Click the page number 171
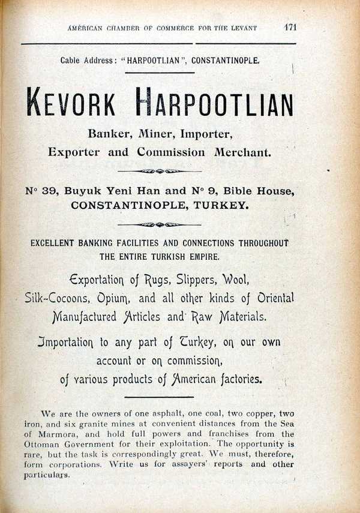point(291,27)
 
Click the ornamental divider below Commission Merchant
point(159,171)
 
